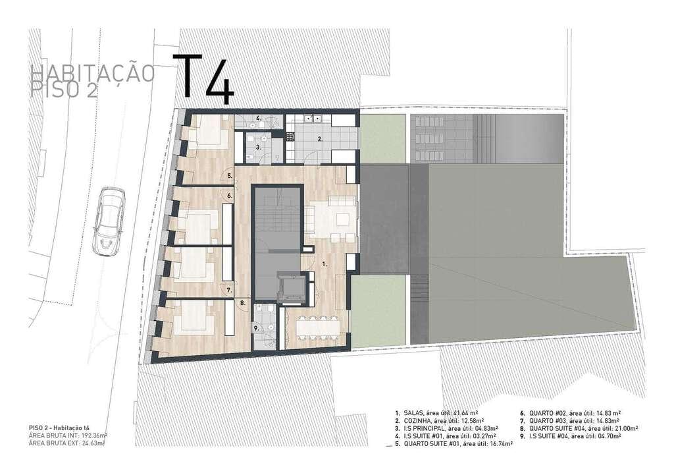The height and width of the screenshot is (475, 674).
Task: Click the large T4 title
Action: (204, 80)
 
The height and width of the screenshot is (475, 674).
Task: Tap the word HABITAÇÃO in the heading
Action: (93, 72)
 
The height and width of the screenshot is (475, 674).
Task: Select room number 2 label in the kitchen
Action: (321, 139)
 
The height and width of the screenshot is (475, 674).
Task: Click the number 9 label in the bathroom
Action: (257, 328)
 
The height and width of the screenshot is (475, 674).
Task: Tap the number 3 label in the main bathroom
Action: (259, 148)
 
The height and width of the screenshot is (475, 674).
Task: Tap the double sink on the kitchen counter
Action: (311, 119)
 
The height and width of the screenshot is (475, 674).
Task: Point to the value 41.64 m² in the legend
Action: (465, 412)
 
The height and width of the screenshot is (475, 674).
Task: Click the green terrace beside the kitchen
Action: (382, 138)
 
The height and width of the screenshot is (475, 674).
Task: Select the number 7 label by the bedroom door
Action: (230, 290)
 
